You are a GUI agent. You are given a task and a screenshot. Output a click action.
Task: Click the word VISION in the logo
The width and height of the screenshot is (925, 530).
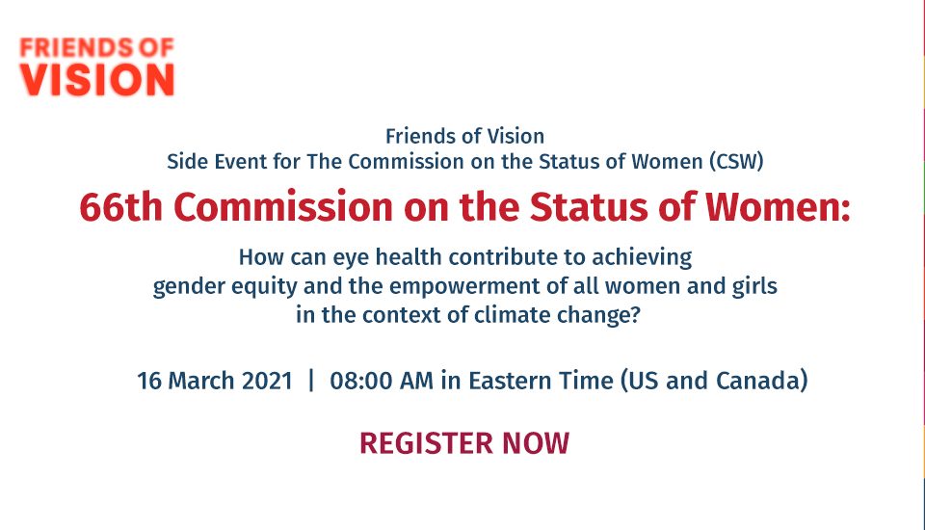pyautogui.click(x=97, y=80)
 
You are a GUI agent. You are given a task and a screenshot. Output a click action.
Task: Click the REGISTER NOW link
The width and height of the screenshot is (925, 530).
pyautogui.click(x=464, y=443)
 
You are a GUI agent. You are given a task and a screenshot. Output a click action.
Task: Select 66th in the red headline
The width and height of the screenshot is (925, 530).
pyautogui.click(x=120, y=206)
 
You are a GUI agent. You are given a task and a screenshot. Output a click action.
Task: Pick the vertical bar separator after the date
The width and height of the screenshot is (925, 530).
pyautogui.click(x=311, y=381)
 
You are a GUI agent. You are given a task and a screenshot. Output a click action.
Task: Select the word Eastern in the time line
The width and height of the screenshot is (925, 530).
pyautogui.click(x=511, y=381)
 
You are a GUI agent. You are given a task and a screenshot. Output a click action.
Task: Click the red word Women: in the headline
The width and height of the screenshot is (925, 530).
pyautogui.click(x=779, y=206)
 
